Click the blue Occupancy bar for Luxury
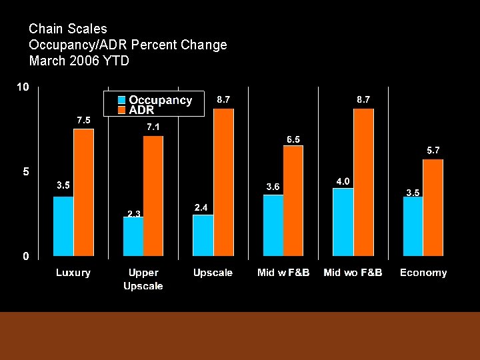coord(63,226)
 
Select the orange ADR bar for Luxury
coord(83,192)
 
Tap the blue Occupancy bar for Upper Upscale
coord(133,236)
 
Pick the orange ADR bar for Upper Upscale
coord(153,195)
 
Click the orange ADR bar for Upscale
coord(223,182)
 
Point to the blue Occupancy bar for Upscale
coord(203,235)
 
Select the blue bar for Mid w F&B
coord(273,225)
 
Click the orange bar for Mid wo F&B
coord(363,182)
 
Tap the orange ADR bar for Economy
coord(433,207)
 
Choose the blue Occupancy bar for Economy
coord(413,226)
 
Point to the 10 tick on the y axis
coord(23,87)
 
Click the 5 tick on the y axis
coord(25,171)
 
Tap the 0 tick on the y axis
coord(25,256)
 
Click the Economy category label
coord(423,273)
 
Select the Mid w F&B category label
coord(283,273)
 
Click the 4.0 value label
coord(343,181)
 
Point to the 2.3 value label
coord(134,213)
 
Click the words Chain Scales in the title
coord(68,29)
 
